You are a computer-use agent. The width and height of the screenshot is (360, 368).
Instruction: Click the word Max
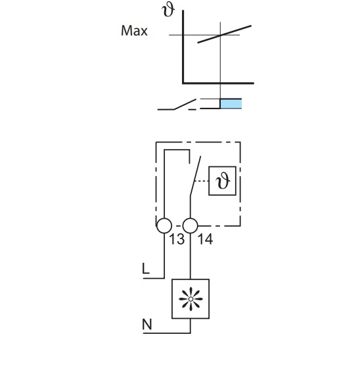134,31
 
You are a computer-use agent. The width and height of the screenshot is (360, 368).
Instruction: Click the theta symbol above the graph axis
168,11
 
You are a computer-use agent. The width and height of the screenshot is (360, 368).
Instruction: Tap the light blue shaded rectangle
231,104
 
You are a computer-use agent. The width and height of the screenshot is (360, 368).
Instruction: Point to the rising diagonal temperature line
225,34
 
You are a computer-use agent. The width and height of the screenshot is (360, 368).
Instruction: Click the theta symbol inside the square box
223,181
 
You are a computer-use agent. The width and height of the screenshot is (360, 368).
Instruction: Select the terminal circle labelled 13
164,225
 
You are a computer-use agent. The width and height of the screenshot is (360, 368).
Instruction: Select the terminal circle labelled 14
190,225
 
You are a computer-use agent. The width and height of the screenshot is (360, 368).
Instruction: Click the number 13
177,239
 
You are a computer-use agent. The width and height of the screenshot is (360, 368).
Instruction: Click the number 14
206,239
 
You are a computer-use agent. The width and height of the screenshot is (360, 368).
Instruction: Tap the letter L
146,269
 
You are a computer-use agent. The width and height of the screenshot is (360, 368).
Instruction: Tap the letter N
147,325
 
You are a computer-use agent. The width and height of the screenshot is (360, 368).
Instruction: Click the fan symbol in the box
191,299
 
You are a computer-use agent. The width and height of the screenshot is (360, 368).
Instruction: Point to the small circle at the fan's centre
191,299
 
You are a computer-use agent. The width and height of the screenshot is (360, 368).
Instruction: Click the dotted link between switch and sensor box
202,181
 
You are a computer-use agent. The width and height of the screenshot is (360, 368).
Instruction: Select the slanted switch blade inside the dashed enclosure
195,176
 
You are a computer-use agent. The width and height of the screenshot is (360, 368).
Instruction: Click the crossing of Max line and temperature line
220,35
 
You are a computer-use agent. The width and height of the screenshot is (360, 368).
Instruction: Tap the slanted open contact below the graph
185,104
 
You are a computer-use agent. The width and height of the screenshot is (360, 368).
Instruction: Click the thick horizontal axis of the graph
218,83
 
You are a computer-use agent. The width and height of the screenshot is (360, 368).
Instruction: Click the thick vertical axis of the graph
183,47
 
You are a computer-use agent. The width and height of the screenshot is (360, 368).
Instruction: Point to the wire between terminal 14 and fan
190,256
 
